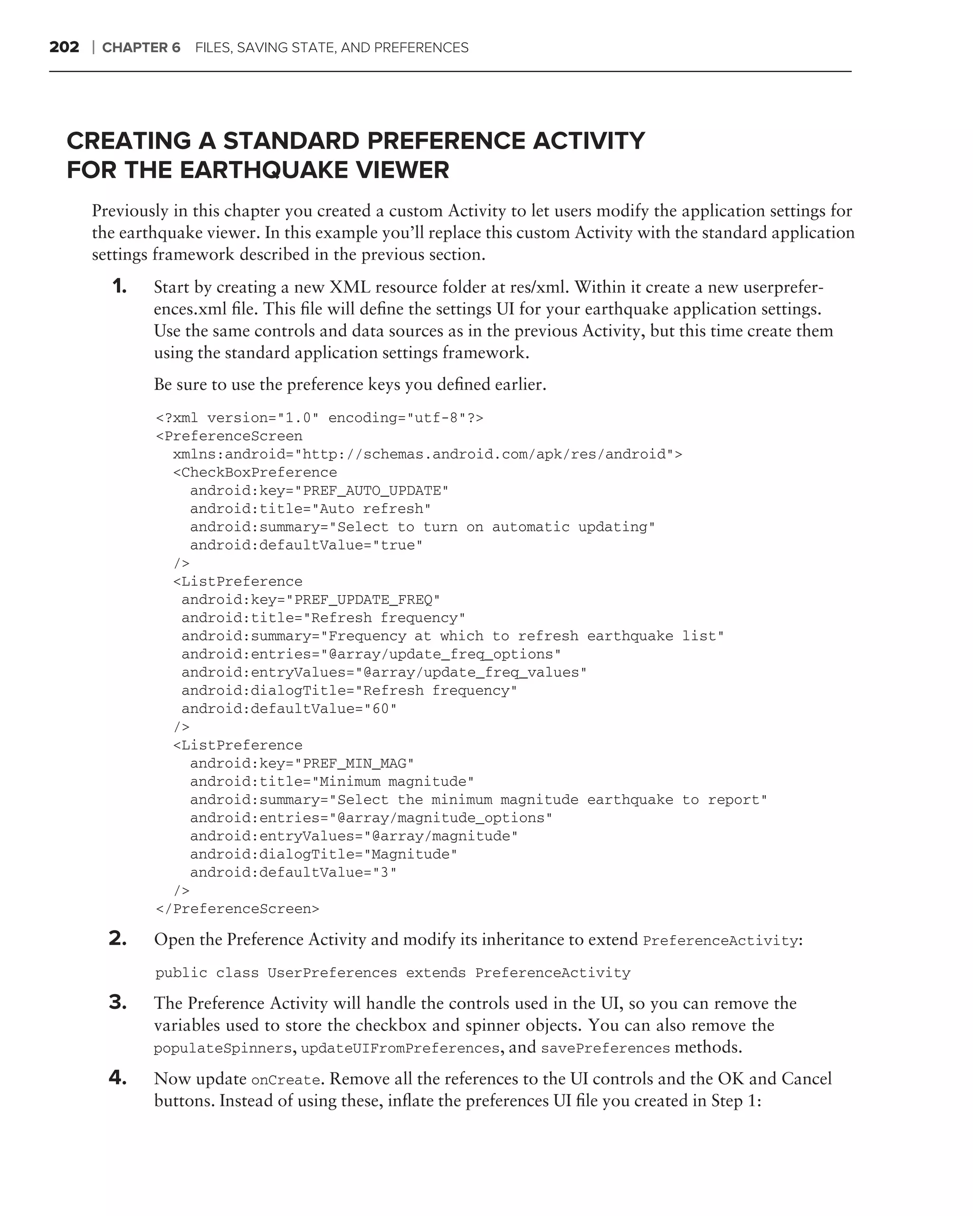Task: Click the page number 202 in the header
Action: coord(64,47)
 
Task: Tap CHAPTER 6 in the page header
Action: coord(141,47)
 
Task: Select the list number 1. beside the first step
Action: coord(119,286)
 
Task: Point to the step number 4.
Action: coord(117,1077)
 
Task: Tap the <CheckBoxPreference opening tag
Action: coord(255,473)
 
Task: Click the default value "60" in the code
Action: coord(381,708)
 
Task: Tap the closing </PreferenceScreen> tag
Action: coord(238,909)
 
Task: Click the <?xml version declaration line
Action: coord(319,418)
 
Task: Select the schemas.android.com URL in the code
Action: coord(485,455)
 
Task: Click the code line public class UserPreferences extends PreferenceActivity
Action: coord(392,973)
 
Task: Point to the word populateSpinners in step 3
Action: coord(222,1048)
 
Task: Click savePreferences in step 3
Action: coord(605,1048)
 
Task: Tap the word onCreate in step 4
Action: coord(286,1080)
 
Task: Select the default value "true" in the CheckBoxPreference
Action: coord(398,545)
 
